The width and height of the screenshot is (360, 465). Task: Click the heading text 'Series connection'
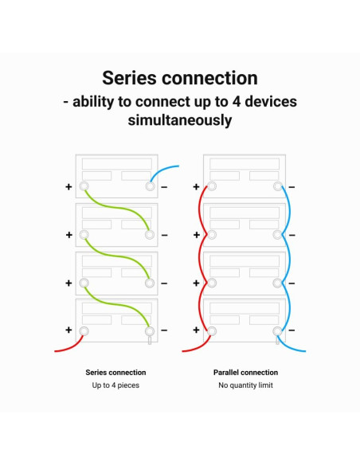click(180, 78)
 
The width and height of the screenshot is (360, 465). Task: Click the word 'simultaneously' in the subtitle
click(180, 120)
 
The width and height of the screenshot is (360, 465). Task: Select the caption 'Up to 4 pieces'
click(115, 385)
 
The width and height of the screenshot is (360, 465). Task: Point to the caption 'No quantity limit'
click(245, 385)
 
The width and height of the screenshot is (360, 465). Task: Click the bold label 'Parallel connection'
click(245, 373)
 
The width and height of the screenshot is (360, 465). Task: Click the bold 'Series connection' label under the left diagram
click(115, 373)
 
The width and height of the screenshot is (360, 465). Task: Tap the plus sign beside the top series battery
click(68, 187)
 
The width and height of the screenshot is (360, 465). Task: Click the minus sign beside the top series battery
click(164, 187)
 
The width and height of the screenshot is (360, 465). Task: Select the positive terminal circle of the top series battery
click(84, 186)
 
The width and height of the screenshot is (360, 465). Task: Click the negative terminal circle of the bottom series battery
click(150, 331)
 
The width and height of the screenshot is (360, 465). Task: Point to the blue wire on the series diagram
click(161, 170)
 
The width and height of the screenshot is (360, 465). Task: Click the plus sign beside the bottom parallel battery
click(196, 330)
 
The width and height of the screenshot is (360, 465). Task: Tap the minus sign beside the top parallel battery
click(292, 187)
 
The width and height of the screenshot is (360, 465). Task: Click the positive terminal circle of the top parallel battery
click(211, 186)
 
